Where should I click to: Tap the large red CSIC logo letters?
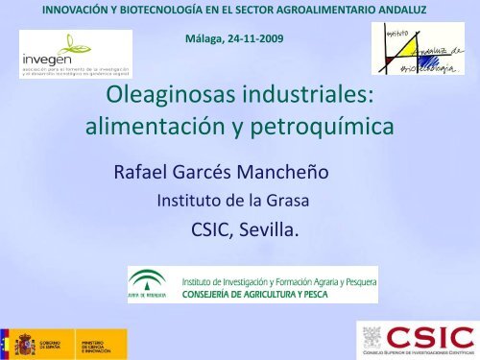tap(429, 337)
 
